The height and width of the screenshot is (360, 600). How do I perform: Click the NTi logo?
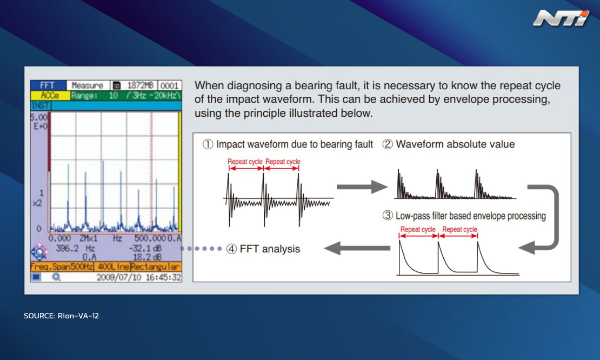[561, 18]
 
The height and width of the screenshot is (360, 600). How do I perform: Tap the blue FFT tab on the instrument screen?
[48, 85]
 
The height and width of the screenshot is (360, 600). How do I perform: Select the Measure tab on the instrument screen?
[88, 85]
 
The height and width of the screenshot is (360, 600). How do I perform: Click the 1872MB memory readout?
[140, 85]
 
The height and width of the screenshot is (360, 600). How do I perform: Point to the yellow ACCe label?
[50, 95]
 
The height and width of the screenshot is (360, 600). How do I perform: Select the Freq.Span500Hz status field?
[62, 266]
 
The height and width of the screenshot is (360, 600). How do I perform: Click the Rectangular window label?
[155, 266]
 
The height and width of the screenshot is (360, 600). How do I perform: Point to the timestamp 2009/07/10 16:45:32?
[139, 277]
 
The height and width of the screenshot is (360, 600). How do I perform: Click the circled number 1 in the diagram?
[208, 144]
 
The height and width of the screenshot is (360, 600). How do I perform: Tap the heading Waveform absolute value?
[455, 144]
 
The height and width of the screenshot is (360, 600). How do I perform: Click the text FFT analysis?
[270, 249]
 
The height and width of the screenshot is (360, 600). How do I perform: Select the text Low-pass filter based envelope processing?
[471, 216]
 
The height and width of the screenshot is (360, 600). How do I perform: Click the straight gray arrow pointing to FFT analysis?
[357, 248]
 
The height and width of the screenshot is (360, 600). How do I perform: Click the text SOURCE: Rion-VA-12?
[61, 316]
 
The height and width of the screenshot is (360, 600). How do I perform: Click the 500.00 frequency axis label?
[150, 238]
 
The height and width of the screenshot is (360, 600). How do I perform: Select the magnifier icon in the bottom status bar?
[56, 277]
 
